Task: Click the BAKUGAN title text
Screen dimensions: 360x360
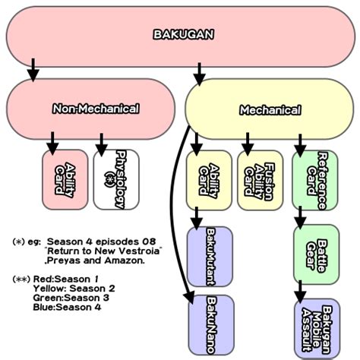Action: pyautogui.click(x=184, y=35)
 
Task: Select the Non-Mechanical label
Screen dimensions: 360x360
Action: pyautogui.click(x=96, y=109)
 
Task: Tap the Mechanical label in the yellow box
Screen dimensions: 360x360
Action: pyautogui.click(x=270, y=110)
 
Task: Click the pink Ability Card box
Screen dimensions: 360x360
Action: pyautogui.click(x=65, y=180)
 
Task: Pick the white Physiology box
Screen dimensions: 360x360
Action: pyautogui.click(x=116, y=180)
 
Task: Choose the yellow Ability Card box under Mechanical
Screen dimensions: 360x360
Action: pyautogui.click(x=209, y=180)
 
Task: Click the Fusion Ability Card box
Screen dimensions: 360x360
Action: pyautogui.click(x=260, y=180)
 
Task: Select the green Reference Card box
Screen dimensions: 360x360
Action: pyautogui.click(x=315, y=180)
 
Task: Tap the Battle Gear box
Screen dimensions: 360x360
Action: pyautogui.click(x=316, y=254)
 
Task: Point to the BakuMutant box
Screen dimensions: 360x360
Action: pyautogui.click(x=210, y=257)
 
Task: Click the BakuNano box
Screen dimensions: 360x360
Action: pyautogui.click(x=211, y=325)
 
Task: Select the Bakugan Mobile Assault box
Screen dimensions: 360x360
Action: pyautogui.click(x=317, y=329)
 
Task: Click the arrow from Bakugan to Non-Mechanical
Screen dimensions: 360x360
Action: pyautogui.click(x=33, y=70)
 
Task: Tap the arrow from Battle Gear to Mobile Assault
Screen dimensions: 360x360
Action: pyautogui.click(x=300, y=292)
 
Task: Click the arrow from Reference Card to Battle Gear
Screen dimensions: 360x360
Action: pyautogui.click(x=300, y=218)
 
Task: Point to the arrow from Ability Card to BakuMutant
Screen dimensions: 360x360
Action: pyautogui.click(x=196, y=219)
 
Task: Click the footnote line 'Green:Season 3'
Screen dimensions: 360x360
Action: pyautogui.click(x=71, y=298)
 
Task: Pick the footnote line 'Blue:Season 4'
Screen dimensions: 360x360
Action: pyautogui.click(x=67, y=308)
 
